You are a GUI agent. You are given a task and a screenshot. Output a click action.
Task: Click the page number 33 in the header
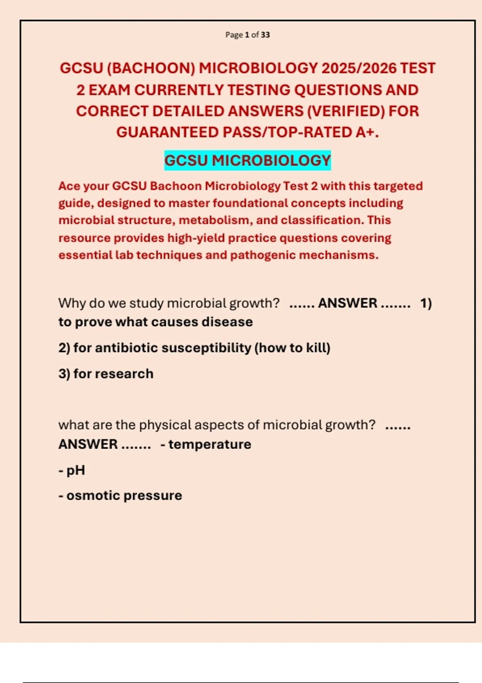[265, 35]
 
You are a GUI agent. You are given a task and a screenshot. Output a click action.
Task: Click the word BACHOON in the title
[151, 68]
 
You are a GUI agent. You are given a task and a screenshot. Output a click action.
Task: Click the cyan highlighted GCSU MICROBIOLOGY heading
[247, 161]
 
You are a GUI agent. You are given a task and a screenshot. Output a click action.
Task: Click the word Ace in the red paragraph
[69, 186]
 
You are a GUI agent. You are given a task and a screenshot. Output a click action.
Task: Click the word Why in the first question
[72, 303]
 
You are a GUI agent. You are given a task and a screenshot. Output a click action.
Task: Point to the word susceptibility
[207, 348]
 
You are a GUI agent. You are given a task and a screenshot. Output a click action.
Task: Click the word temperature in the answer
[210, 444]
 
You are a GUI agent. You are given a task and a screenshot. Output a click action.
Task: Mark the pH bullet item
[76, 470]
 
